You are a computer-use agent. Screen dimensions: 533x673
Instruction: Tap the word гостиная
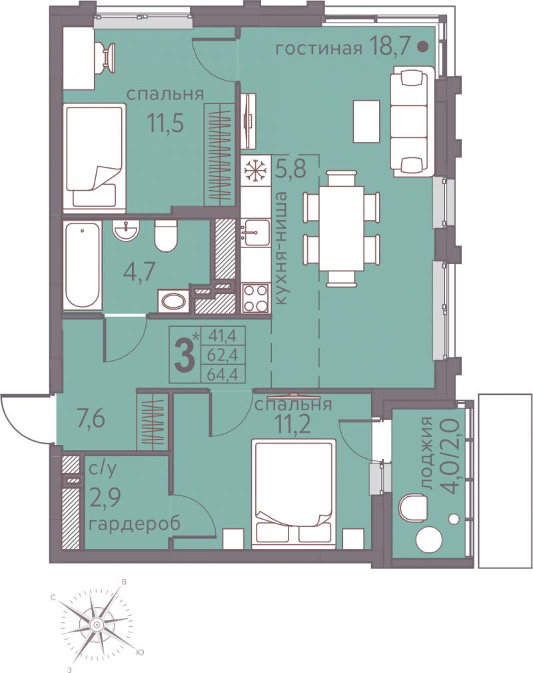click(x=318, y=49)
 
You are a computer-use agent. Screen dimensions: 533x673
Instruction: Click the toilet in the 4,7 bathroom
click(x=165, y=237)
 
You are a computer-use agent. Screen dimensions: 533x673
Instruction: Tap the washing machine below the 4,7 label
click(x=173, y=301)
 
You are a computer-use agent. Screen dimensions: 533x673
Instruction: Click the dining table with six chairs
click(x=341, y=228)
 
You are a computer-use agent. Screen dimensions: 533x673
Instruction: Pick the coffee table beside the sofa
click(x=366, y=121)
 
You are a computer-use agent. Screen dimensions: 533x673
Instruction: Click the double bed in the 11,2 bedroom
click(x=294, y=494)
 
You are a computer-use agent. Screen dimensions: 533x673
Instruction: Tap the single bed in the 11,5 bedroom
click(x=95, y=158)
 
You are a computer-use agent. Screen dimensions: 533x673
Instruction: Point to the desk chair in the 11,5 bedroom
click(x=107, y=58)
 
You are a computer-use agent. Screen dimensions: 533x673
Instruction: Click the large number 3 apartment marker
click(x=186, y=356)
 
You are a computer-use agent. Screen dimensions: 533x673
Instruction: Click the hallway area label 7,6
click(x=86, y=420)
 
